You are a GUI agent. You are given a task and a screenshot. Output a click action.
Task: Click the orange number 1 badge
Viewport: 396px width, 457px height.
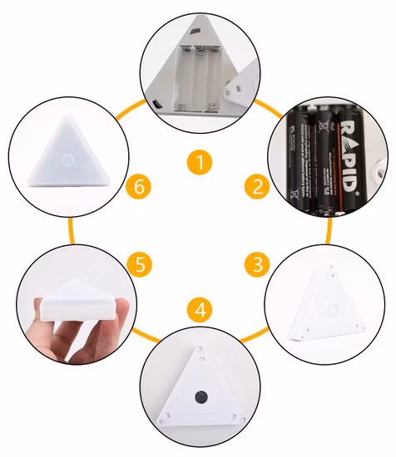[x=198, y=160]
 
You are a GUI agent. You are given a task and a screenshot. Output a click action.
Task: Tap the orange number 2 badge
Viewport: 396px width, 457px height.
[x=258, y=186]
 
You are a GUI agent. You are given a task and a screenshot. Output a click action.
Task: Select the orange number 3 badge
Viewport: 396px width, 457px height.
[x=258, y=266]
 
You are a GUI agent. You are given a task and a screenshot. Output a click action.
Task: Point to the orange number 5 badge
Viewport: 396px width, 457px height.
[x=141, y=266]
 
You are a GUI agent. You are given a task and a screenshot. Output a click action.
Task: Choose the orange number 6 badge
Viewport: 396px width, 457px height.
[x=141, y=186]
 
